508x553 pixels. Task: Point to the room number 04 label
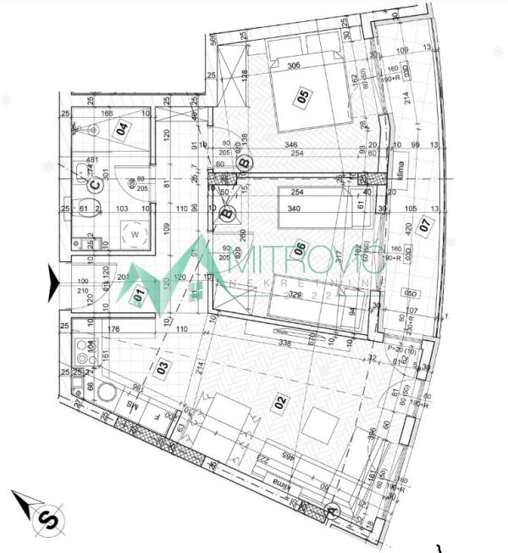(123, 130)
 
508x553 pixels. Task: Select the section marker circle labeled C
(96, 181)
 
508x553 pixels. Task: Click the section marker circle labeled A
(333, 512)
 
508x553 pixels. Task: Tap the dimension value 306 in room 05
(294, 65)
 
